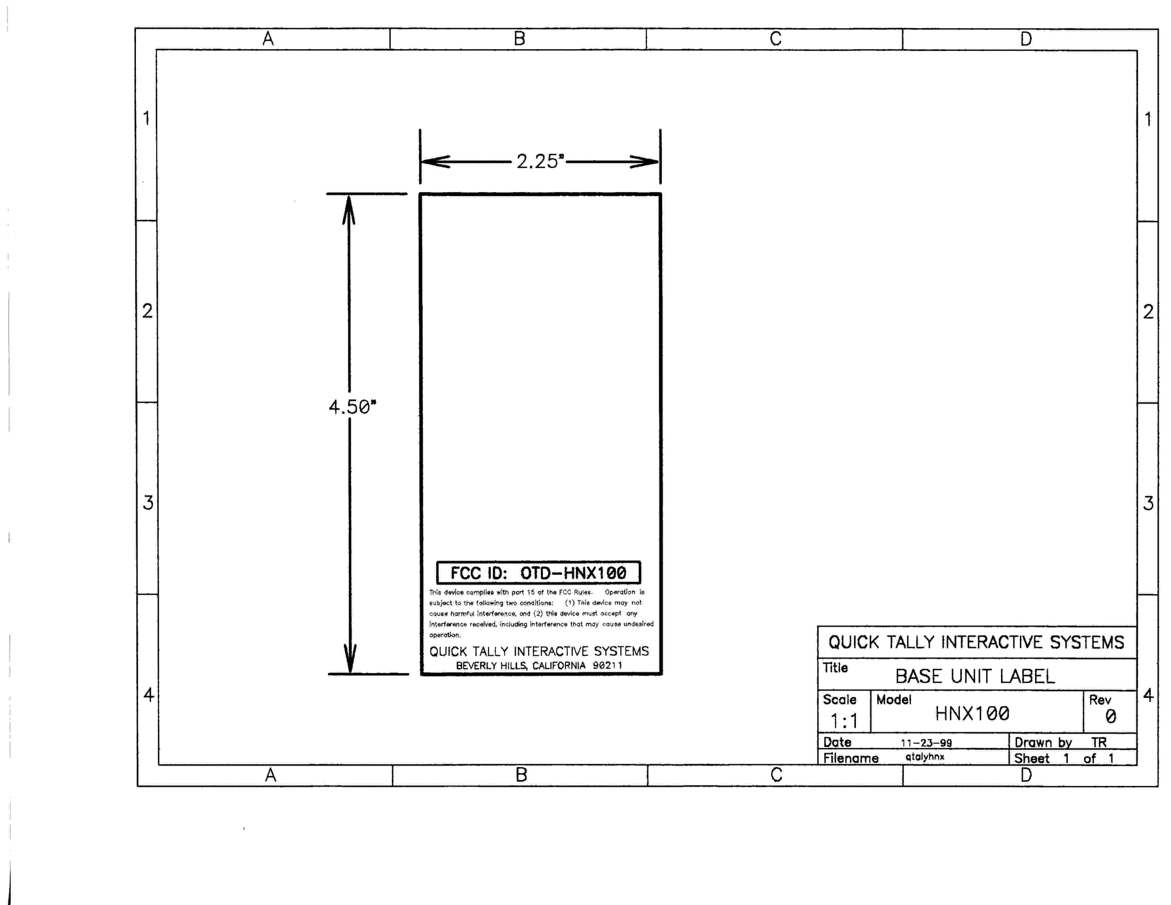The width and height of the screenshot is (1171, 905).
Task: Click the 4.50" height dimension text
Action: point(352,407)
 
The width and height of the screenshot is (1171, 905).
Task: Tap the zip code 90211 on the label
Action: point(608,665)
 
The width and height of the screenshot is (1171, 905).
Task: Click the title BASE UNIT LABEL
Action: point(975,676)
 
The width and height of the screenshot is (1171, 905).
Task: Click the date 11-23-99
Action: point(926,743)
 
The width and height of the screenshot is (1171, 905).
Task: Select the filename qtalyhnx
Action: point(925,756)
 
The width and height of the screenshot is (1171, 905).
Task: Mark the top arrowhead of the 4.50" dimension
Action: point(349,210)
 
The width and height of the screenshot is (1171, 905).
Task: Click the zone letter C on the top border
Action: point(775,39)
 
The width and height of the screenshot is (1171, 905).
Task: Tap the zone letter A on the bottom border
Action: point(271,775)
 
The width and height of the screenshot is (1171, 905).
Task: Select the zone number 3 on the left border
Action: point(148,502)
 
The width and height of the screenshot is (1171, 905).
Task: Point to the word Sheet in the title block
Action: point(1032,758)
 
